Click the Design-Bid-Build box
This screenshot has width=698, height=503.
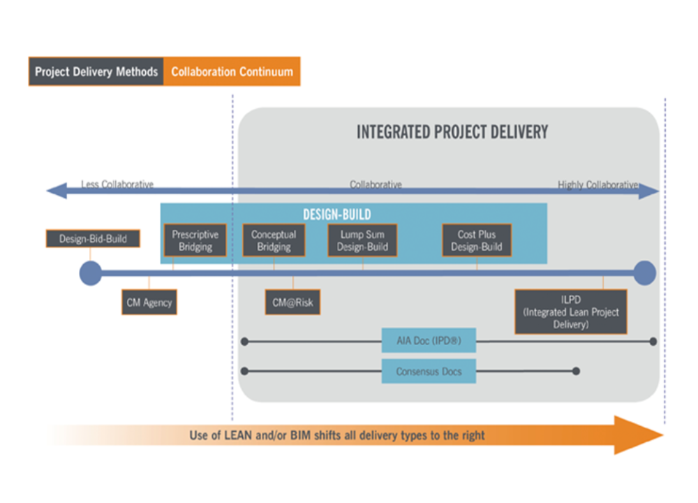pyautogui.click(x=93, y=239)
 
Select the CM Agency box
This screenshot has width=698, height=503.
pyautogui.click(x=149, y=303)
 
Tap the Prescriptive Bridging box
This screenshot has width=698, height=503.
pyautogui.click(x=195, y=241)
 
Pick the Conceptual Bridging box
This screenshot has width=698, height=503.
pyautogui.click(x=274, y=241)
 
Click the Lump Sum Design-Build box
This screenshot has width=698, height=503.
pyautogui.click(x=362, y=241)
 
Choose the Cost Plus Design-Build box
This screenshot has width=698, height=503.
pyautogui.click(x=477, y=241)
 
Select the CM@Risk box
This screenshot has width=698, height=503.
pyautogui.click(x=292, y=303)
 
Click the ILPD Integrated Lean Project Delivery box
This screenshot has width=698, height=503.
pyautogui.click(x=570, y=312)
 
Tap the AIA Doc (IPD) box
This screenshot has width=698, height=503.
pyautogui.click(x=429, y=342)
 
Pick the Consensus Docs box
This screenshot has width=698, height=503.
pyautogui.click(x=429, y=372)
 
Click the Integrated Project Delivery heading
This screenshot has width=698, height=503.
pyautogui.click(x=452, y=132)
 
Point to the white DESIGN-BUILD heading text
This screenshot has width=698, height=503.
pyautogui.click(x=337, y=214)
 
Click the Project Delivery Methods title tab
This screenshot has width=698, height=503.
pyautogui.click(x=96, y=72)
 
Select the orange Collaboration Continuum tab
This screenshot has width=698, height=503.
pyautogui.click(x=232, y=72)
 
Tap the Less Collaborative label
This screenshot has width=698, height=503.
pyautogui.click(x=117, y=184)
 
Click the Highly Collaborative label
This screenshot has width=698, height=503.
pyautogui.click(x=597, y=184)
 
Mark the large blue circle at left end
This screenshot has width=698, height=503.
pyautogui.click(x=90, y=274)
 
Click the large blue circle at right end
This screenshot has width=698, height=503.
pyautogui.click(x=644, y=273)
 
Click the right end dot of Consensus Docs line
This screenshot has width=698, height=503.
pyautogui.click(x=576, y=372)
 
